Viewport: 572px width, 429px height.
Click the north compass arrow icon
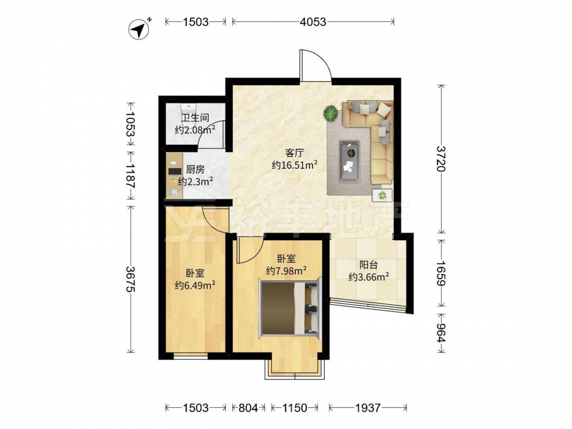140,29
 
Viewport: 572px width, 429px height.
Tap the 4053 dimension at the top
313,22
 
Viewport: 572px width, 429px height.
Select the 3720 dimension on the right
442,158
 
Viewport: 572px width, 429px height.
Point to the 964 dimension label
442,333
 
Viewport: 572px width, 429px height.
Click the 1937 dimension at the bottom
368,407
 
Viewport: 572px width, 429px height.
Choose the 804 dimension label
248,407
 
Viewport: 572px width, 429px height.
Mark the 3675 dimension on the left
130,279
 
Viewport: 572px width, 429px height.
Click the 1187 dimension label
130,175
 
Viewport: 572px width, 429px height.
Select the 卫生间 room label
195,118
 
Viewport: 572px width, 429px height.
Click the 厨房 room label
195,170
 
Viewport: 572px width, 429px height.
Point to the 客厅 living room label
294,153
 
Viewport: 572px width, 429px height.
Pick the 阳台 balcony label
368,265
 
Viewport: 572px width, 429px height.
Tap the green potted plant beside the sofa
331,113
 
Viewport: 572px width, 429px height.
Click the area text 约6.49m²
195,285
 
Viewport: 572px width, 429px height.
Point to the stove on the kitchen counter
174,172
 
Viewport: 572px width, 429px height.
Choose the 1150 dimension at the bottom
295,407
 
